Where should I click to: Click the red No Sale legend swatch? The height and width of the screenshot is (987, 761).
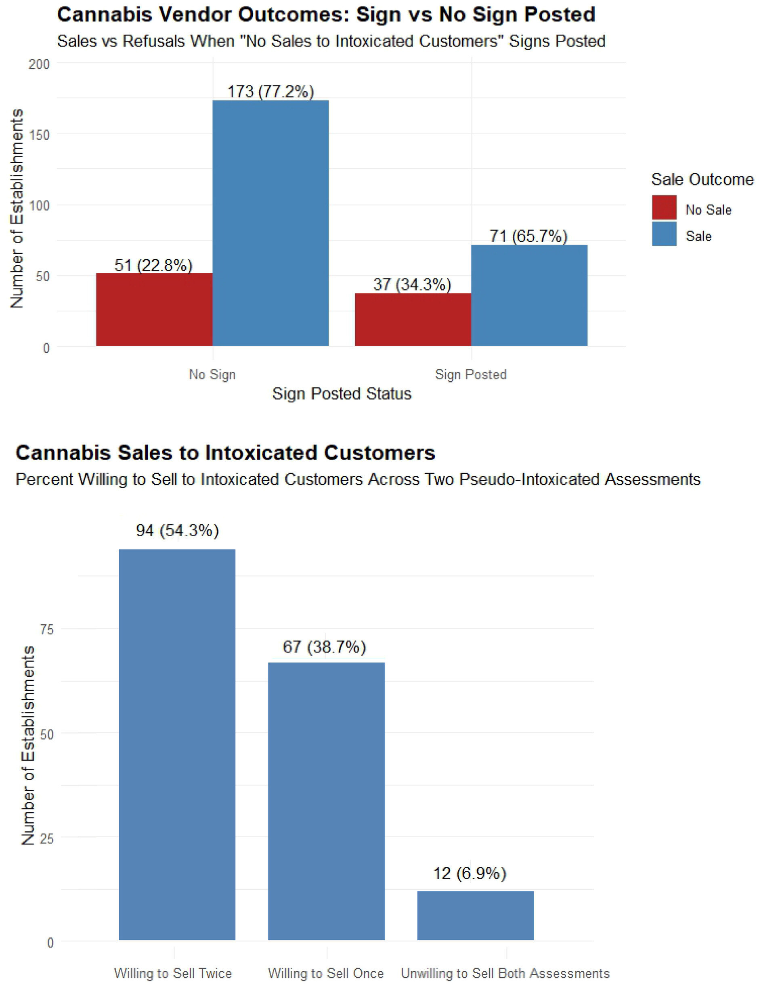tap(664, 207)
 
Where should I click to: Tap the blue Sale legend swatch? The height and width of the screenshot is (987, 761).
tap(664, 234)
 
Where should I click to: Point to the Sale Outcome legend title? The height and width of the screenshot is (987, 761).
tap(702, 180)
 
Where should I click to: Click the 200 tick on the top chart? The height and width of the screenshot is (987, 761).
tap(39, 64)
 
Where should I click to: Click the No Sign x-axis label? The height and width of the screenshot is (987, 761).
tap(212, 374)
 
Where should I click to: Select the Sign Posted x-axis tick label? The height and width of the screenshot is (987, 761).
tap(470, 374)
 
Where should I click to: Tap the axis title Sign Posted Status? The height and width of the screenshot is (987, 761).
tap(342, 393)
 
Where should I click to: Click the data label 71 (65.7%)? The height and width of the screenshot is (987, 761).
tap(528, 236)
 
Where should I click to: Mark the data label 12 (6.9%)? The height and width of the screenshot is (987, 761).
tap(470, 874)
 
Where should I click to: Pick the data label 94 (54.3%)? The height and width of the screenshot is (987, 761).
tap(177, 531)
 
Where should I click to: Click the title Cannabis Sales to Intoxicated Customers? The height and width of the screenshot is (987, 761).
tap(225, 452)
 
